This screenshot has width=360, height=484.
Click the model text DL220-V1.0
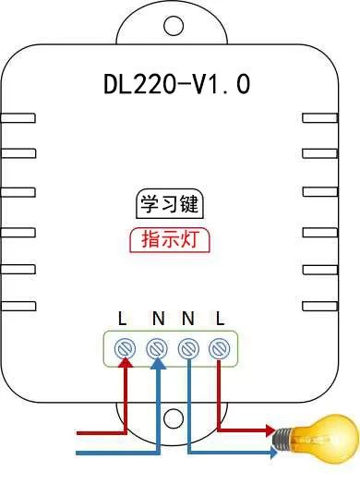[x=176, y=85]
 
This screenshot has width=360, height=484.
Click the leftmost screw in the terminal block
[x=124, y=348]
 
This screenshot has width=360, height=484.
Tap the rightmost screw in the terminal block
[x=219, y=348]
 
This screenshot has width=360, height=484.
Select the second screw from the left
[x=155, y=348]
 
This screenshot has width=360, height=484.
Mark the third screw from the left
[x=187, y=348]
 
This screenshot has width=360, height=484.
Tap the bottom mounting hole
[x=173, y=417]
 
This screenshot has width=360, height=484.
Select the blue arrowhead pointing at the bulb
[x=274, y=453]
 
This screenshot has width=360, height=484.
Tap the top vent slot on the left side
[x=18, y=118]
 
